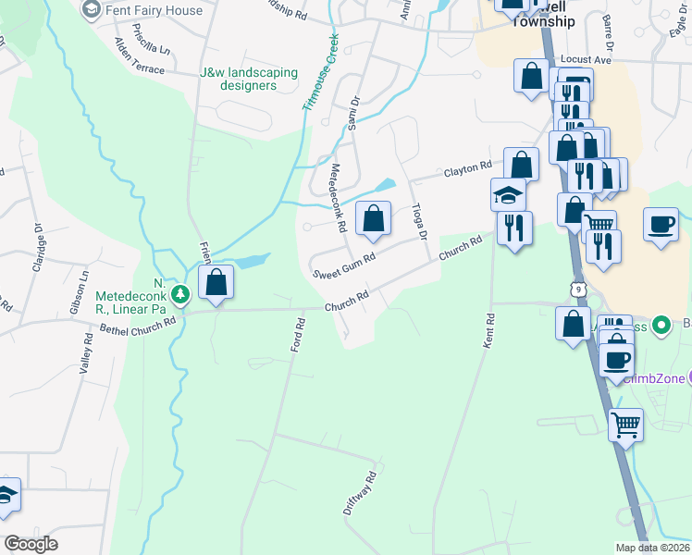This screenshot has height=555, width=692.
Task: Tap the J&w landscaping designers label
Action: click(249, 79)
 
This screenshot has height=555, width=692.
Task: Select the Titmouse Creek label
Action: click(320, 73)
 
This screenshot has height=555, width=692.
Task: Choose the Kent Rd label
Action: click(488, 330)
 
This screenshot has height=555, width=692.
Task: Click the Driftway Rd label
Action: click(361, 493)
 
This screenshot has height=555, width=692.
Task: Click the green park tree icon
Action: click(182, 294)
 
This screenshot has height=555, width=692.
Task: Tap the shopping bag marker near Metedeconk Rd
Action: click(373, 219)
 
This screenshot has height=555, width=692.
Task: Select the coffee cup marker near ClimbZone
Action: click(617, 359)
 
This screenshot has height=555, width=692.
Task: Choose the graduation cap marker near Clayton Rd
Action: click(508, 195)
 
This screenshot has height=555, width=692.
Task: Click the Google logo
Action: click(31, 544)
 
